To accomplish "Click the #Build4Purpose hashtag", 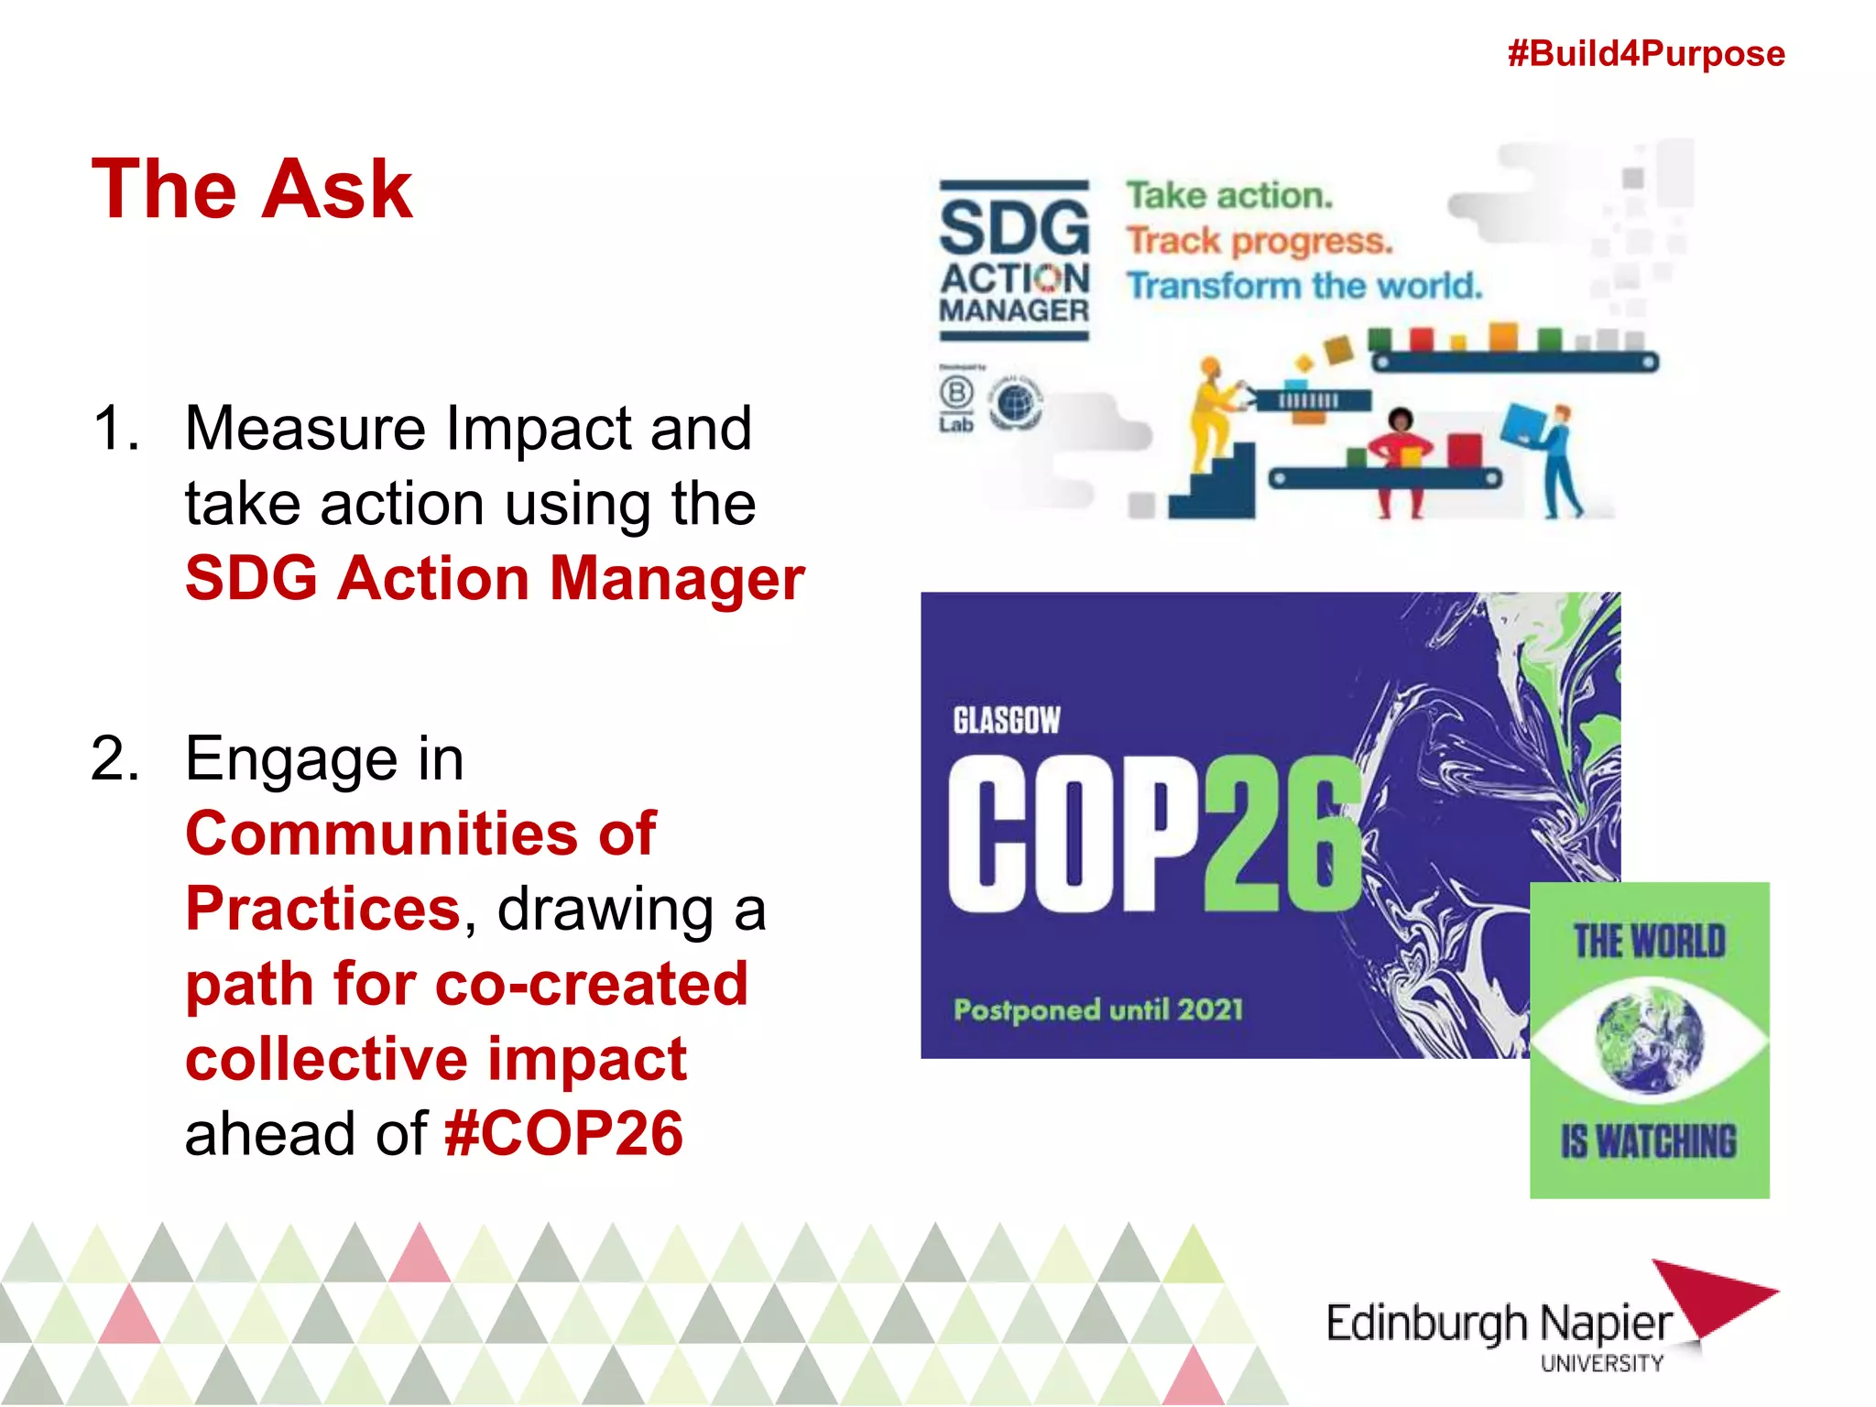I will (x=1645, y=53).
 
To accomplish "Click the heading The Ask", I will (x=252, y=190).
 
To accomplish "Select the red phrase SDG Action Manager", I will (x=495, y=579).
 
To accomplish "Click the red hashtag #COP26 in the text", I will (x=563, y=1134).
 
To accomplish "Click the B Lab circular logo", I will (x=955, y=394).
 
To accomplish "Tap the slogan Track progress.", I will (x=1259, y=241).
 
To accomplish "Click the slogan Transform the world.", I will (x=1303, y=286).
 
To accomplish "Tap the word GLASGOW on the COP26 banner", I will (x=1006, y=721).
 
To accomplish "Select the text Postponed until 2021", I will (x=1097, y=1010).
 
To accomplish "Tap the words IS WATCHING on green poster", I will (x=1649, y=1141).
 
